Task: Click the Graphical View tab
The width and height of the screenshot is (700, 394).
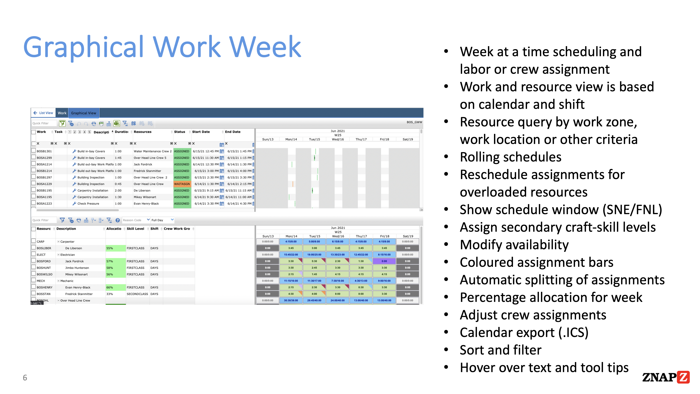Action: coord(83,113)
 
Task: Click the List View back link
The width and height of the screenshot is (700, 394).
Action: coord(43,113)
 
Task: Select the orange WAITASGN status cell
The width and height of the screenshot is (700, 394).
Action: coord(182,184)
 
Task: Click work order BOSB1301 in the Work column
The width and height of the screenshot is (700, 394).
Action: coord(44,151)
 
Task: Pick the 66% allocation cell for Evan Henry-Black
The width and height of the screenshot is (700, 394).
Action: coord(110,287)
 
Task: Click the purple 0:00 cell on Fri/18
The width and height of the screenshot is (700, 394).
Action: coord(384,261)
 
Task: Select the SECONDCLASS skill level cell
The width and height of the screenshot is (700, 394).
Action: coord(137,294)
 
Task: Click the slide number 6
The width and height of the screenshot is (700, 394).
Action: coord(25,378)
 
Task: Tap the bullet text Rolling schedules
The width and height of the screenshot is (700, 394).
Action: coord(510,157)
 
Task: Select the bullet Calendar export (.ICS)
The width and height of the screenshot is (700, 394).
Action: coord(524,333)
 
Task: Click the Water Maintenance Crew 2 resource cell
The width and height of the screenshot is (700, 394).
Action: coord(152,151)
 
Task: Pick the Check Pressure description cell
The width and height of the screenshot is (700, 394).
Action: coord(88,204)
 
